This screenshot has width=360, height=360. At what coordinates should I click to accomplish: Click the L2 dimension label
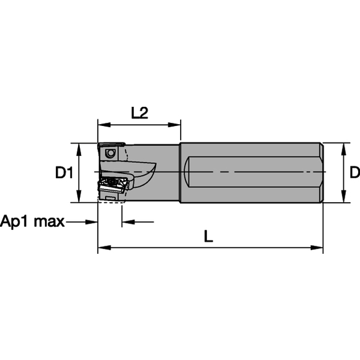click(x=139, y=112)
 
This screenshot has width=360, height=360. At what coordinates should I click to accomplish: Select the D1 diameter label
click(x=64, y=173)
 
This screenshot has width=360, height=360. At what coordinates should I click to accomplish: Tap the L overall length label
click(x=208, y=237)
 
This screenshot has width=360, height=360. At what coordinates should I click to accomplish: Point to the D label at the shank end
click(x=354, y=172)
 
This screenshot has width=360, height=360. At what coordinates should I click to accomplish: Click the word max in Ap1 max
click(x=49, y=222)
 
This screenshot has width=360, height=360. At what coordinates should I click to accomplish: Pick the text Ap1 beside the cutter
click(x=15, y=222)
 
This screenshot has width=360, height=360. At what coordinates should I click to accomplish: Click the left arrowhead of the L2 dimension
click(x=104, y=125)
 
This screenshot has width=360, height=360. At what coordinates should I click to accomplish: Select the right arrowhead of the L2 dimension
click(x=174, y=125)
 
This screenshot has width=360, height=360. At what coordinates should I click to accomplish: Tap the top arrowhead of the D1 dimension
click(x=79, y=149)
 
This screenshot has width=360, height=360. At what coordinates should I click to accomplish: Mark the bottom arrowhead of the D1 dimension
click(x=79, y=196)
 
